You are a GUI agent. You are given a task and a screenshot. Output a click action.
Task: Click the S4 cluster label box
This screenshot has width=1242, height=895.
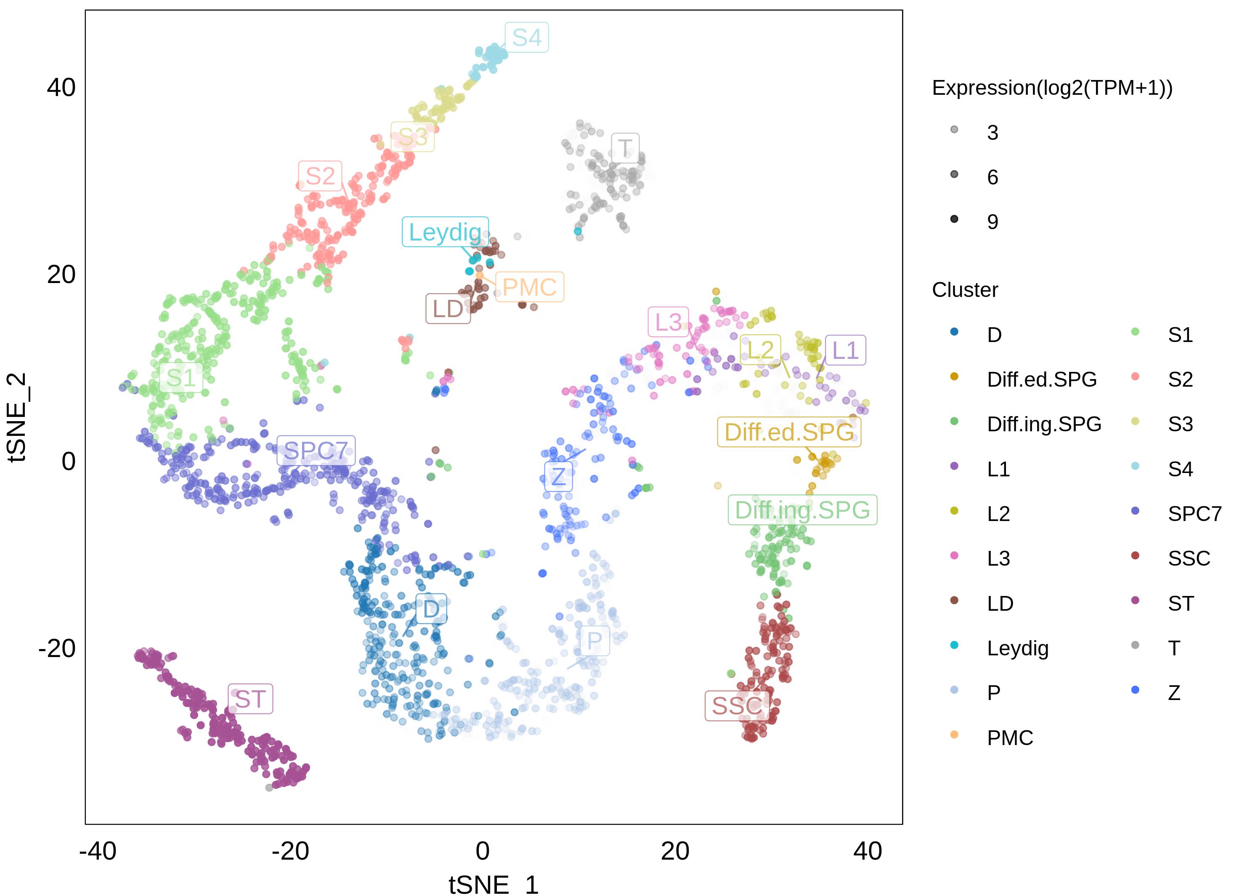pyautogui.click(x=526, y=37)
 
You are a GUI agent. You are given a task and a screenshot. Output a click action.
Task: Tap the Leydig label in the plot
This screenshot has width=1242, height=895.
pyautogui.click(x=445, y=232)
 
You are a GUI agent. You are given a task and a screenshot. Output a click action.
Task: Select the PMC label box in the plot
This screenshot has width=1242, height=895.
pyautogui.click(x=529, y=287)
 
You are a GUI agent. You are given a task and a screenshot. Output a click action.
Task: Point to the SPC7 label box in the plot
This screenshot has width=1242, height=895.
pyautogui.click(x=316, y=451)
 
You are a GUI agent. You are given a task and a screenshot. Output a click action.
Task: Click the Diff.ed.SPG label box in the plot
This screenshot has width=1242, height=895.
pyautogui.click(x=788, y=432)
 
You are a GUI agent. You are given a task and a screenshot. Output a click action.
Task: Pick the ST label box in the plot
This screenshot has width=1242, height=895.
pyautogui.click(x=250, y=699)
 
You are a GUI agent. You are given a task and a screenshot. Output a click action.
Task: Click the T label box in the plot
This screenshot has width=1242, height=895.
pyautogui.click(x=625, y=148)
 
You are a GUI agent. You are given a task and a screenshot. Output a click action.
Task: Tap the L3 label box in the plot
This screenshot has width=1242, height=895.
pyautogui.click(x=668, y=322)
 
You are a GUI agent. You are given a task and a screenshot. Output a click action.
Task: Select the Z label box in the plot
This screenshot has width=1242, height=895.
pyautogui.click(x=558, y=476)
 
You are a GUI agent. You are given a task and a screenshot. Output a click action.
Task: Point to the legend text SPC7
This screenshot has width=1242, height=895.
pyautogui.click(x=1194, y=513)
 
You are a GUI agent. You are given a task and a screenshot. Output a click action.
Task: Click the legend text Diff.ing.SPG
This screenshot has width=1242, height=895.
pyautogui.click(x=1044, y=424)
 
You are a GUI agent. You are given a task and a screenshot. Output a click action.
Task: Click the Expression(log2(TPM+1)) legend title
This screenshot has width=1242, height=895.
pyautogui.click(x=1052, y=88)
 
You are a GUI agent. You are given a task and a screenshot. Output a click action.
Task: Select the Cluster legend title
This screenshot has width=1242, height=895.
pyautogui.click(x=965, y=290)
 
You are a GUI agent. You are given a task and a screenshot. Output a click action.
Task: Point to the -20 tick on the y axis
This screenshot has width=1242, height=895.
pyautogui.click(x=57, y=648)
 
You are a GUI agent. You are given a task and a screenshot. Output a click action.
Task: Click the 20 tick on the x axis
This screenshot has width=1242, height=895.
pyautogui.click(x=675, y=851)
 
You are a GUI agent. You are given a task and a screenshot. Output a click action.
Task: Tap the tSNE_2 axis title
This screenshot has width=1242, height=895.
pyautogui.click(x=18, y=417)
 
